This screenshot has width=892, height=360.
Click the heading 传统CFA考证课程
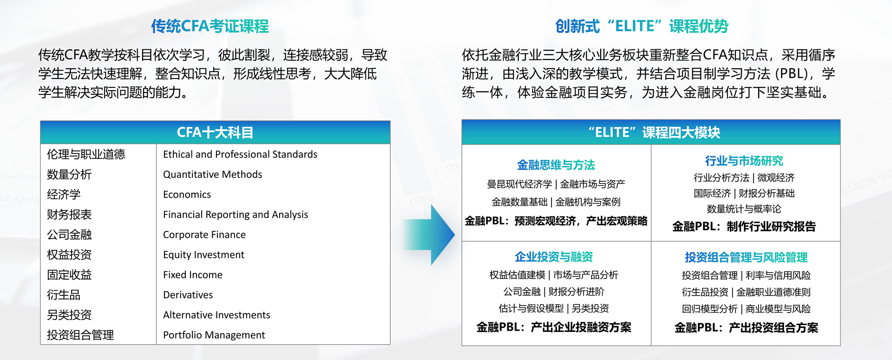pos(210,26)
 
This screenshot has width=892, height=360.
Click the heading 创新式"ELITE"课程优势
pos(642,26)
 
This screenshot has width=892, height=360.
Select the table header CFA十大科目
pos(215,133)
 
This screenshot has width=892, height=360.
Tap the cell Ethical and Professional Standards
pos(240,154)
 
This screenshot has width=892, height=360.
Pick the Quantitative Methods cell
pos(212,175)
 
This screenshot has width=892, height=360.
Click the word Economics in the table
pos(187,195)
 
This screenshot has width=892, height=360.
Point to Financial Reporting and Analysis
pos(235,215)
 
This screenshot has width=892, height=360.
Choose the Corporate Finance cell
pos(204,235)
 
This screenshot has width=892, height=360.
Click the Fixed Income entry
pos(192,275)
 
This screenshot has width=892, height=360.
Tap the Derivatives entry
pos(188,295)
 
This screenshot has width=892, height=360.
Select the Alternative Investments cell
pos(216,315)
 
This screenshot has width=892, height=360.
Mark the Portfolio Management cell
pos(214,335)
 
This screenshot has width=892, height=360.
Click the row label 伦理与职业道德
pos(86,154)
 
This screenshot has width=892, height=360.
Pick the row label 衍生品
pos(64,295)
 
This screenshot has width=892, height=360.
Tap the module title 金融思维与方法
pos(556,165)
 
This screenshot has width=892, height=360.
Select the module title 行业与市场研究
pos(744,161)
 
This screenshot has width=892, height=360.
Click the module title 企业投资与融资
pos(554,257)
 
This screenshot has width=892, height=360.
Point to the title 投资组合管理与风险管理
pos(746,257)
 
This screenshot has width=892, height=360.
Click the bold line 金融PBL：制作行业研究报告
pos(744,227)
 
